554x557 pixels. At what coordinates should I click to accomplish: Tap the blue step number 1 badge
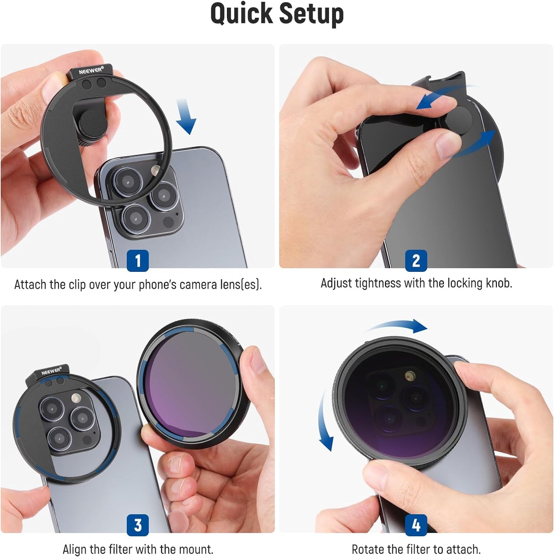coord(138,261)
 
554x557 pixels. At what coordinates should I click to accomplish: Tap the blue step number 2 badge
coord(416,261)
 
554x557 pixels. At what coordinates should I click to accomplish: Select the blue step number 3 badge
coord(138,525)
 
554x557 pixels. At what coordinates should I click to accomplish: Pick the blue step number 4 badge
coord(416,525)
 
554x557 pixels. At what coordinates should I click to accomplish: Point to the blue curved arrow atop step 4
coord(399,326)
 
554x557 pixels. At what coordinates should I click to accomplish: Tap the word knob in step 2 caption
coord(498,283)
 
